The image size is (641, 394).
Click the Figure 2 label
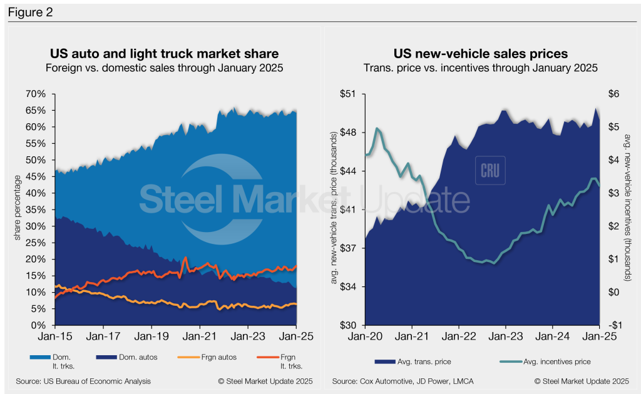click(29, 11)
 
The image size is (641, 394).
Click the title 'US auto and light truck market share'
click(165, 54)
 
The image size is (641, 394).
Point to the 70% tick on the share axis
click(36, 94)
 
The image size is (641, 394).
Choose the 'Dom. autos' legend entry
click(125, 357)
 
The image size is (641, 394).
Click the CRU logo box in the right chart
click(490, 171)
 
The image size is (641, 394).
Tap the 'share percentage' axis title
click(17, 210)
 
